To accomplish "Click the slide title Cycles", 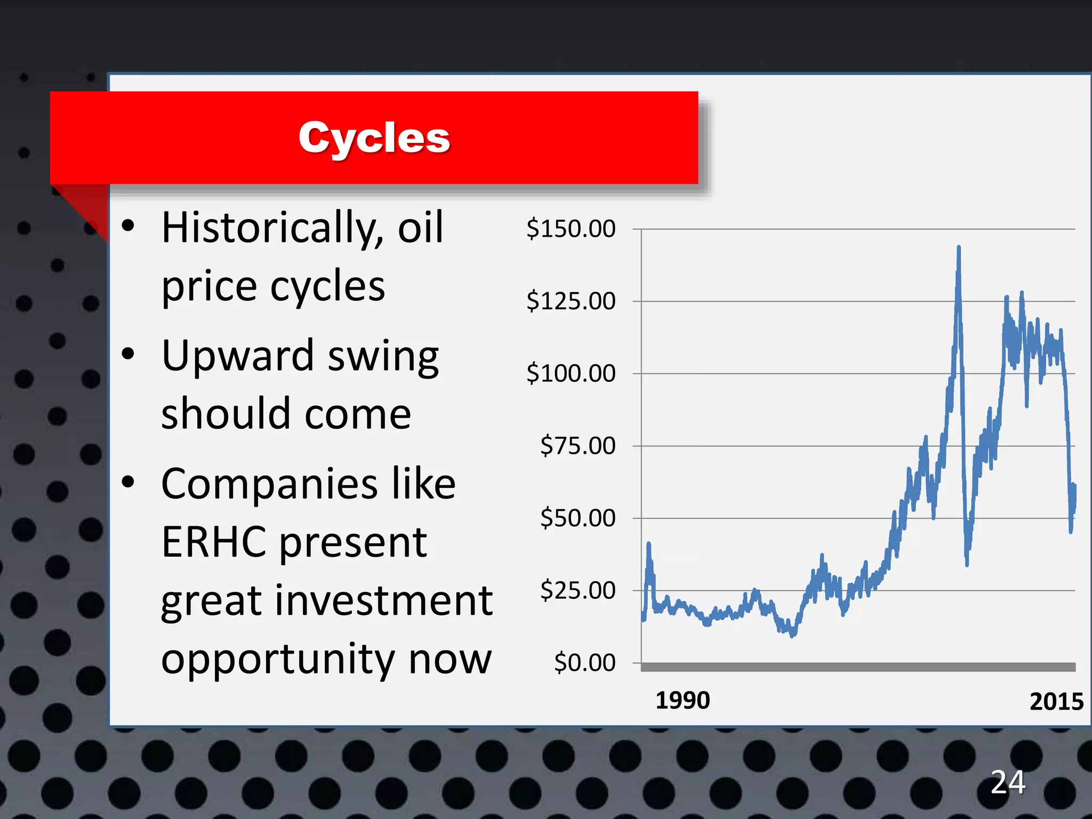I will (374, 138).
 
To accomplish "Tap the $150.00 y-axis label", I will (571, 229).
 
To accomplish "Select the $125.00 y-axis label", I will (571, 301).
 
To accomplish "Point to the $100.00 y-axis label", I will (571, 373).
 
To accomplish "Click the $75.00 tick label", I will (577, 446).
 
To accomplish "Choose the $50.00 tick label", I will (577, 518).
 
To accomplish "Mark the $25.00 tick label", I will (577, 590).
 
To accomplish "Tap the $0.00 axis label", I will (584, 663).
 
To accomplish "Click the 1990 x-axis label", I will (682, 700).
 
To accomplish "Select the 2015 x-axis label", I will (1056, 701).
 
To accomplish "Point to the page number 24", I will (1008, 782).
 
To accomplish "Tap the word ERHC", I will (213, 542).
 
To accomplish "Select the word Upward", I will (238, 356).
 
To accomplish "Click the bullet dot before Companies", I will (128, 482).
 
